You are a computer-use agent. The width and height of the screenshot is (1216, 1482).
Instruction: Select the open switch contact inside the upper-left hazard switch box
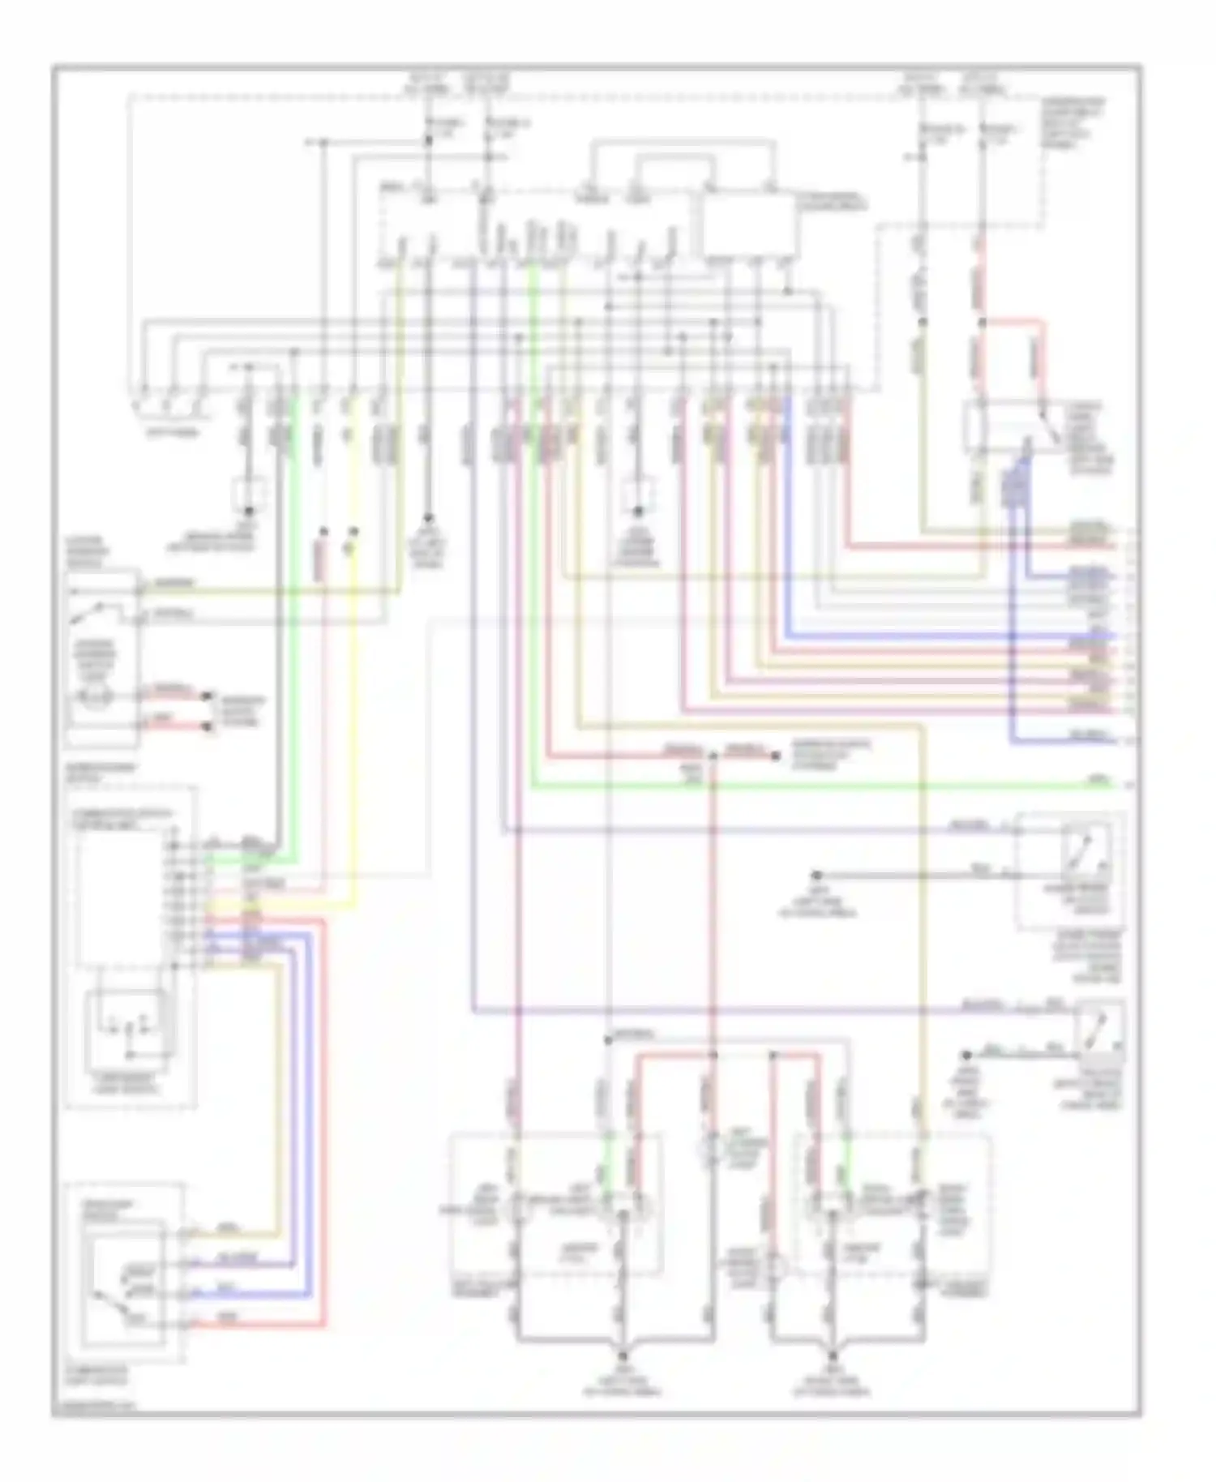coord(88,615)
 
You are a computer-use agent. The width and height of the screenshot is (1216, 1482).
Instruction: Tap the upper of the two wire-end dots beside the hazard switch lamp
coord(208,696)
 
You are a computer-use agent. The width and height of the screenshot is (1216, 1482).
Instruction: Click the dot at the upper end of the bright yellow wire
coord(353,532)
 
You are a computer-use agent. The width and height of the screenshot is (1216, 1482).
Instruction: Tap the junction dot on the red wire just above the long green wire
coord(713,756)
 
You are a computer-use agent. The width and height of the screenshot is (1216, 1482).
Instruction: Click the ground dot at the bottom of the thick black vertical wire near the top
coord(429,516)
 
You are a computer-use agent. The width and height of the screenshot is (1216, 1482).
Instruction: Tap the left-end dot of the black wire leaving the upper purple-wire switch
coord(817,876)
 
